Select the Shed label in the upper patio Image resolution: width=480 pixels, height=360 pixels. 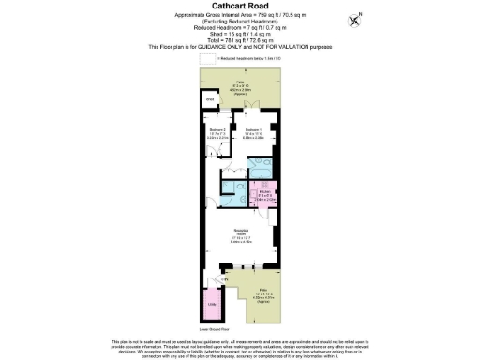coord(211,97)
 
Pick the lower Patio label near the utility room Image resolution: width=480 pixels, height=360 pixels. coord(265,292)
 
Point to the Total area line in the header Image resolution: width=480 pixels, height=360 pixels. coord(240,41)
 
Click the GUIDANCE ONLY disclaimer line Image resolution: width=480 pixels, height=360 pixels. coord(240,47)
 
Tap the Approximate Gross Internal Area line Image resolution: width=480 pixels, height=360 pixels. coord(240,18)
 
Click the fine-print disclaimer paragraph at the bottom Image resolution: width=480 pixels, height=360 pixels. coord(240,346)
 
